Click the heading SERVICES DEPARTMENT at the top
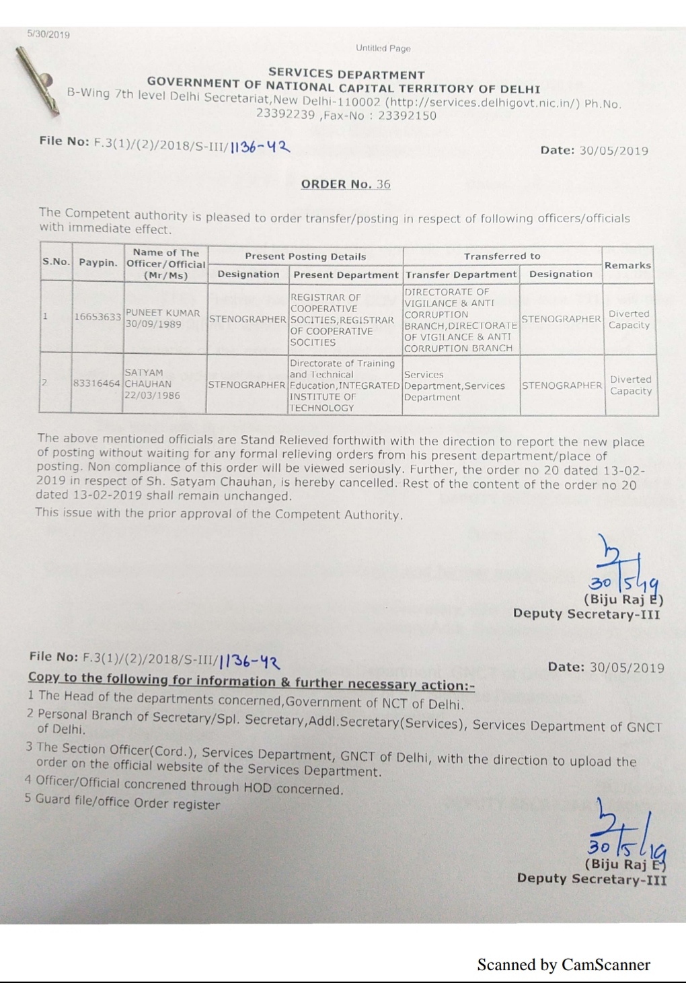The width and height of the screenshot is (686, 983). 346,74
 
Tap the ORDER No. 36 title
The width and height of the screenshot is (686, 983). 345,184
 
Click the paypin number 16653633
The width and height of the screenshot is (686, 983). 98,317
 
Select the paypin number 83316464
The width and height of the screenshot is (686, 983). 97,384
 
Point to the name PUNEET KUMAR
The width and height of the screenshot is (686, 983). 163,313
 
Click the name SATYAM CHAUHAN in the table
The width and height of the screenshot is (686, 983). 148,377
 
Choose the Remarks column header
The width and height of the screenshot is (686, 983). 627,265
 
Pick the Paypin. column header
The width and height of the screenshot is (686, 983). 98,262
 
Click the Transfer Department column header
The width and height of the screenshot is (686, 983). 461,274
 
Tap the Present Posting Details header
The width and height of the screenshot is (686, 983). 305,256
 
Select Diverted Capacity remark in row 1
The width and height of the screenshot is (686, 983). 629,319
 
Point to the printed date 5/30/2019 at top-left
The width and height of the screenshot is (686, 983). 48,34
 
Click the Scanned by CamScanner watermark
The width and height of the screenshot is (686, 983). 564,965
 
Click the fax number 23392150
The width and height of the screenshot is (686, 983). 407,115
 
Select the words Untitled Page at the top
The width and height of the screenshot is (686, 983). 383,48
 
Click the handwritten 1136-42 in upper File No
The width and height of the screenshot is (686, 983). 260,147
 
